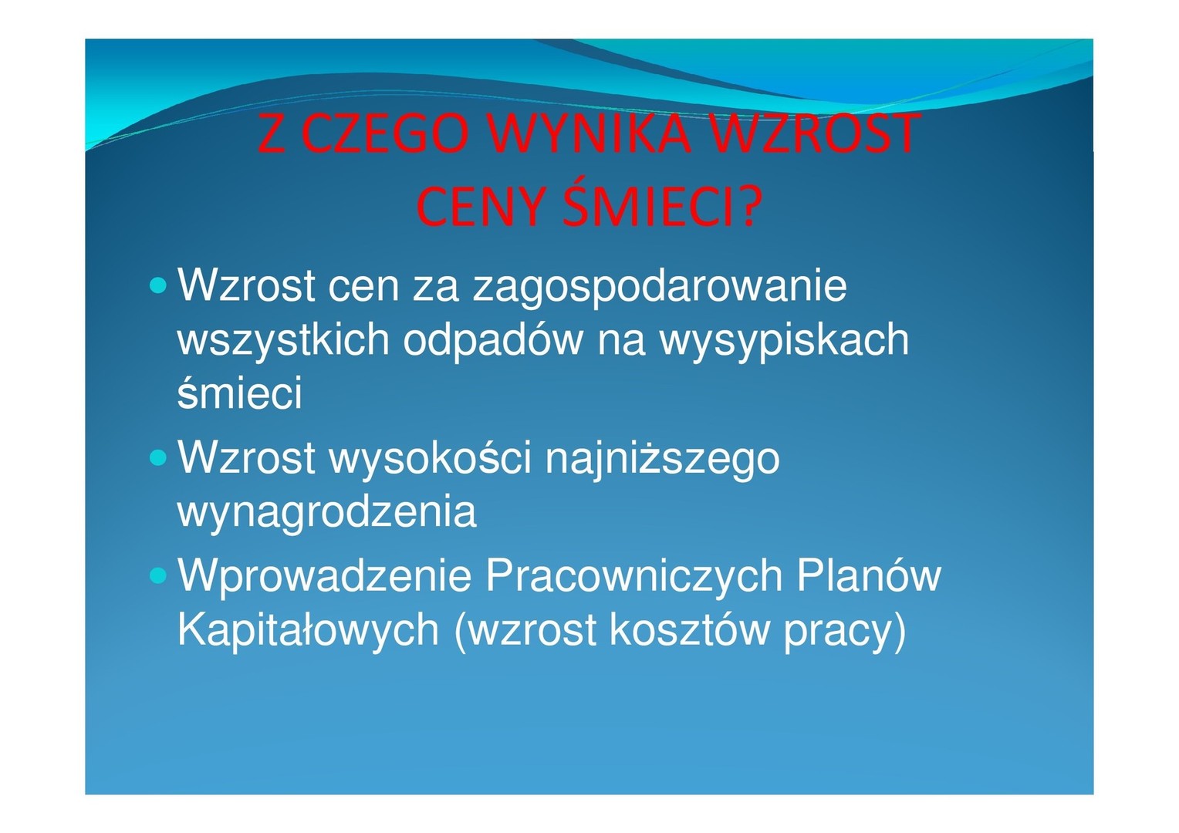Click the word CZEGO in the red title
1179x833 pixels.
click(386, 133)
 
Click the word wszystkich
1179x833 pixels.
click(283, 339)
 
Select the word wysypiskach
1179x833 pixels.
click(785, 339)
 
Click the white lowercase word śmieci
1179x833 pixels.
click(240, 392)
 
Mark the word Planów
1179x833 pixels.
click(869, 576)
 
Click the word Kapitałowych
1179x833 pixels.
click(309, 631)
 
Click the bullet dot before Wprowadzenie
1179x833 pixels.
click(158, 575)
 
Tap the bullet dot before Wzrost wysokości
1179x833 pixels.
click(158, 458)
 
